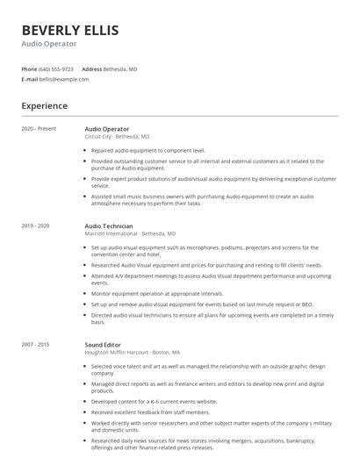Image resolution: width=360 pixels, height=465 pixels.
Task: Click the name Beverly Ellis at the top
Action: point(69,30)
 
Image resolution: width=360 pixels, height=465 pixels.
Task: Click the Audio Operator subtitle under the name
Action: point(49,44)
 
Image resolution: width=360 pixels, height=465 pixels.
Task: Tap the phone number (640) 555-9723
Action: point(56,68)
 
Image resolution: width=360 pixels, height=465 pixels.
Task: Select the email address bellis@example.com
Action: point(64,79)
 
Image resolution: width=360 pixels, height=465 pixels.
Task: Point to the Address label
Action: point(91,68)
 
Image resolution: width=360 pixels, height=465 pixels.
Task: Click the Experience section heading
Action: point(44,106)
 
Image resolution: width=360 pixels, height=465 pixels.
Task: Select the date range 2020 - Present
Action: point(39,129)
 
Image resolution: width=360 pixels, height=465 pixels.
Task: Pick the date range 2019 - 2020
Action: point(36,226)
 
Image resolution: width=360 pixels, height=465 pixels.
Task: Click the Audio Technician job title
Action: point(109,226)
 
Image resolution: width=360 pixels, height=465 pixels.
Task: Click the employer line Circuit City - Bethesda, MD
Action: point(117,137)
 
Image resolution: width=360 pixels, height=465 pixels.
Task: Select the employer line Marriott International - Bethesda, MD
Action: point(130,234)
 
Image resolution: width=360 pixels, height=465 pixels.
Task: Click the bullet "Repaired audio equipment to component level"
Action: point(148,150)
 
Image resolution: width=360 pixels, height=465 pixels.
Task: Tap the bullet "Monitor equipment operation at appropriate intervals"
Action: point(157,293)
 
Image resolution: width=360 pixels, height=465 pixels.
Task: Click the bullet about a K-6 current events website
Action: point(154,400)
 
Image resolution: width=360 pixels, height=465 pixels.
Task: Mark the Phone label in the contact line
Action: point(29,68)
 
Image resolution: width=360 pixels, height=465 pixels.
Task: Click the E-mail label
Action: point(29,79)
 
